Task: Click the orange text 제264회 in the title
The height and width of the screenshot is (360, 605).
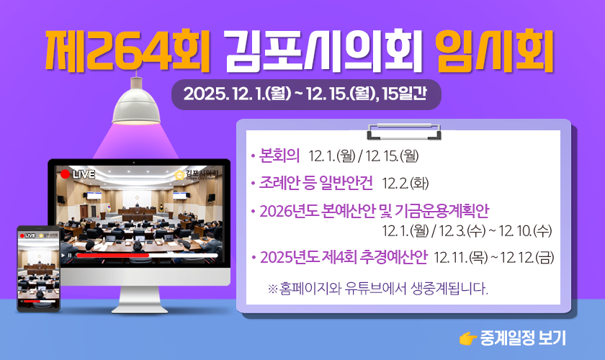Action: (127, 51)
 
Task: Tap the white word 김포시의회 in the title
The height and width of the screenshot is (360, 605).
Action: (323, 51)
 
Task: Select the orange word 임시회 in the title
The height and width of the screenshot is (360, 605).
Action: (495, 51)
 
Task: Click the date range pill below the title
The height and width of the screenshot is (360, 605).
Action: (306, 94)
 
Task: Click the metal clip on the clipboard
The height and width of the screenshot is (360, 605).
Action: (403, 131)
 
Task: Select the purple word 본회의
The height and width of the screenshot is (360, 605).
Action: (279, 156)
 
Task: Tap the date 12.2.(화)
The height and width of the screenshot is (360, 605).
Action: (405, 184)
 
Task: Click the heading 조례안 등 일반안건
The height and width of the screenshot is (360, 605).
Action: (316, 183)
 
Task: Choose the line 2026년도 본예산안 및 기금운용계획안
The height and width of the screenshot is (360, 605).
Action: (375, 211)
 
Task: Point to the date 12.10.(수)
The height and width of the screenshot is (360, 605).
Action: (525, 230)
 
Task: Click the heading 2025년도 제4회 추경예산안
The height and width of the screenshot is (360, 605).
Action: (344, 257)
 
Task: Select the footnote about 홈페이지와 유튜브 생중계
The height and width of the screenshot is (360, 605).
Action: (377, 288)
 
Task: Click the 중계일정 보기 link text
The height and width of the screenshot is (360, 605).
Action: (523, 338)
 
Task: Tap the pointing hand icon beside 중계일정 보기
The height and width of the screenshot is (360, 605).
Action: (467, 338)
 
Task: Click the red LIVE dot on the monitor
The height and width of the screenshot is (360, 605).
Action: (66, 174)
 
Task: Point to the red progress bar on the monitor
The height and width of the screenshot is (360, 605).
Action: (112, 255)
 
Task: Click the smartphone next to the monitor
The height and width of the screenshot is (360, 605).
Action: (39, 269)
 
